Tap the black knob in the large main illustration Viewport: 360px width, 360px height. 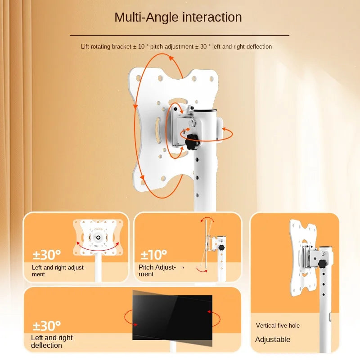[193, 142]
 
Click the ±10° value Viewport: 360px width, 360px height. [153, 255]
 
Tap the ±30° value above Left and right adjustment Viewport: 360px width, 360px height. [46, 255]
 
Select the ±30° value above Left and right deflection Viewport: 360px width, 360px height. [46, 325]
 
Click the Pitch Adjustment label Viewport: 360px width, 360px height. [157, 270]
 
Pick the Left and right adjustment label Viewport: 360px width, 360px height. [58, 270]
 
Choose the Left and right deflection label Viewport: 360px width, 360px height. [52, 342]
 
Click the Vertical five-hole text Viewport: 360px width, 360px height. [278, 325]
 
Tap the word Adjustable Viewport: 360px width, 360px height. [273, 339]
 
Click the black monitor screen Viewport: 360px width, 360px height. [172, 317]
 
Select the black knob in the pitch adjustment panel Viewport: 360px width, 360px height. [221, 247]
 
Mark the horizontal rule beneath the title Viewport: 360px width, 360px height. [179, 35]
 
